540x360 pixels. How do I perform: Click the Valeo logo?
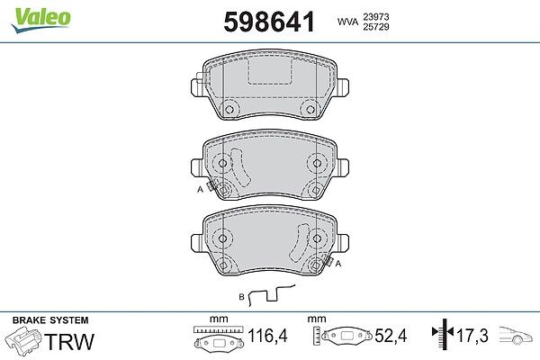(40, 20)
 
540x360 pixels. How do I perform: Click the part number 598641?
(269, 22)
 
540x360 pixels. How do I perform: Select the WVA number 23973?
(375, 17)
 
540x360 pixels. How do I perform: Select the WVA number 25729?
(375, 27)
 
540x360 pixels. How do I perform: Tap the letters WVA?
(347, 22)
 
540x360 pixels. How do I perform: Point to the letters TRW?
(69, 342)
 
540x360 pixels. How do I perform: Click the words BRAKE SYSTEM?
(50, 320)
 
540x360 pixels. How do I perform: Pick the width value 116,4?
(267, 336)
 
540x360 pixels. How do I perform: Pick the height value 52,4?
(391, 336)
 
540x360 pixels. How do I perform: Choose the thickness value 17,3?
(472, 336)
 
